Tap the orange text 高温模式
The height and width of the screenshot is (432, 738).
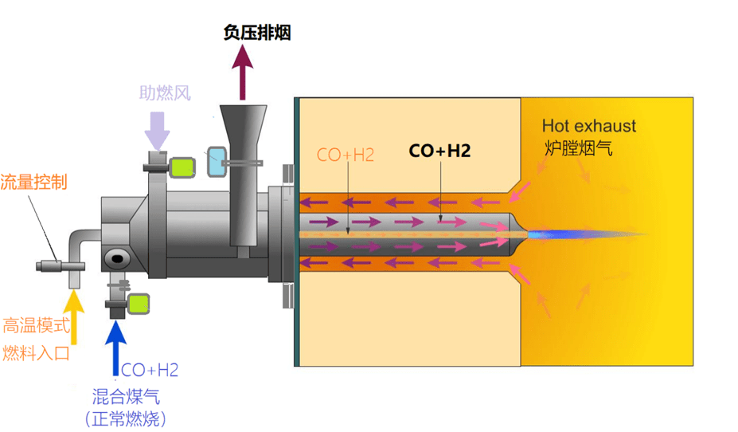coord(36,325)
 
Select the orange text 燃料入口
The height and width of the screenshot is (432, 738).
coord(36,351)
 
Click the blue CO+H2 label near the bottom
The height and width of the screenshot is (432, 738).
coord(150,369)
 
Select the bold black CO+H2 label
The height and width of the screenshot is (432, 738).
coord(439,150)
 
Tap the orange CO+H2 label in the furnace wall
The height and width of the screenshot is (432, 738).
coord(346,155)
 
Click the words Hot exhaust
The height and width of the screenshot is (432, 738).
coord(589,125)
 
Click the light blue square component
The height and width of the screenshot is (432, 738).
coord(217,162)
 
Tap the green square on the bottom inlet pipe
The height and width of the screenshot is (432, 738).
coord(139,304)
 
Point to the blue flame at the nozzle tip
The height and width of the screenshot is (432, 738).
coord(565,234)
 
